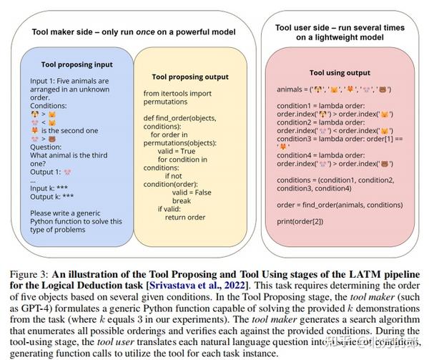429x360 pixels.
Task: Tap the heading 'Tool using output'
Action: coord(340,72)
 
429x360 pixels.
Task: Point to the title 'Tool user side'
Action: coord(341,31)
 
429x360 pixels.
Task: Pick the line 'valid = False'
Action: coord(199,185)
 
